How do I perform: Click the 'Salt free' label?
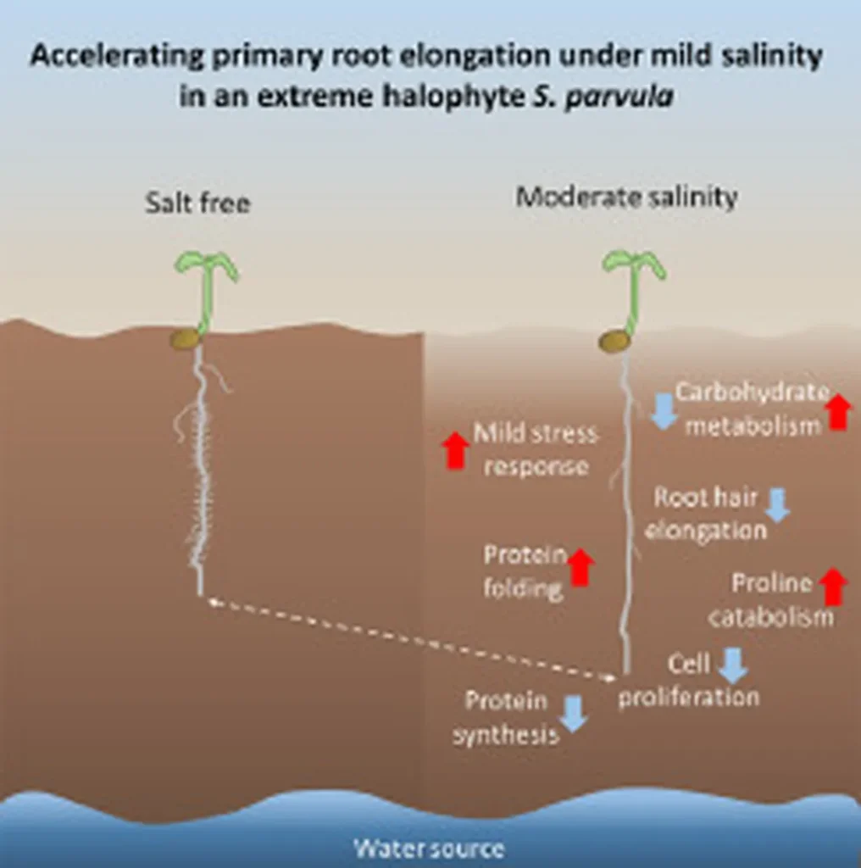pyautogui.click(x=197, y=203)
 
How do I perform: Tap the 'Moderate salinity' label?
pyautogui.click(x=626, y=198)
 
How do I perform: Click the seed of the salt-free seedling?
pyautogui.click(x=184, y=339)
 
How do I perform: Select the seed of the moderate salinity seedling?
pyautogui.click(x=614, y=341)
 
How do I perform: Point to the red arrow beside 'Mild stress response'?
pyautogui.click(x=456, y=450)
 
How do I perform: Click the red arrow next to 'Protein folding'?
pyautogui.click(x=580, y=567)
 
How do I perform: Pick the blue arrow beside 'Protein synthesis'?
pyautogui.click(x=575, y=713)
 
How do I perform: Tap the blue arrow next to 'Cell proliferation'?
pyautogui.click(x=732, y=665)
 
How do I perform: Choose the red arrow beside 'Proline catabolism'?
pyautogui.click(x=835, y=587)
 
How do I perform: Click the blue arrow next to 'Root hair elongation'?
pyautogui.click(x=777, y=505)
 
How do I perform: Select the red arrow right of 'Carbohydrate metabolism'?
pyautogui.click(x=837, y=412)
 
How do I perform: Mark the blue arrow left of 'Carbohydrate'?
pyautogui.click(x=664, y=410)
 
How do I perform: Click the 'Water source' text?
pyautogui.click(x=429, y=849)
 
